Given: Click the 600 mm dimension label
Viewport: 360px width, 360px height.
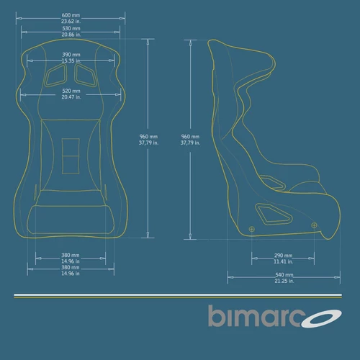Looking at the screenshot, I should pyautogui.click(x=71, y=14).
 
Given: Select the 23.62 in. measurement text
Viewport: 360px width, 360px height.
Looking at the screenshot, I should pyautogui.click(x=71, y=21).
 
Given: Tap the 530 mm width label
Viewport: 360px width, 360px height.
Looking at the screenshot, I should pyautogui.click(x=71, y=29).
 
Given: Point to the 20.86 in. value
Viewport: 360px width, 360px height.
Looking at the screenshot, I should pyautogui.click(x=71, y=35).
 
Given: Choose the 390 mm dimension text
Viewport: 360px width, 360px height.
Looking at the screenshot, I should pyautogui.click(x=71, y=54).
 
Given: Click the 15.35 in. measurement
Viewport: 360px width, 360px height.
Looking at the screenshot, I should pyautogui.click(x=71, y=60).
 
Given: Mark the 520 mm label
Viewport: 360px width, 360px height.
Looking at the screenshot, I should pyautogui.click(x=71, y=91).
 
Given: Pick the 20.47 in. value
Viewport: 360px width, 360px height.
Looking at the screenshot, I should pyautogui.click(x=71, y=96).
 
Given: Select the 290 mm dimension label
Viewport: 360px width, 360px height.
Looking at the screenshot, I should pyautogui.click(x=284, y=256).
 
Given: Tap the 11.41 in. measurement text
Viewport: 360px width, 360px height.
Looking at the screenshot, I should pyautogui.click(x=284, y=261).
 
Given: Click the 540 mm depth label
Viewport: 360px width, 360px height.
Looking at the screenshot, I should pyautogui.click(x=284, y=275).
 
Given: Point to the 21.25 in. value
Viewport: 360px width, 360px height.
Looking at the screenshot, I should pyautogui.click(x=284, y=281).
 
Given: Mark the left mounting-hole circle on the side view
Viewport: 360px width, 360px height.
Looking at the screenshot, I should pyautogui.click(x=251, y=229).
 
